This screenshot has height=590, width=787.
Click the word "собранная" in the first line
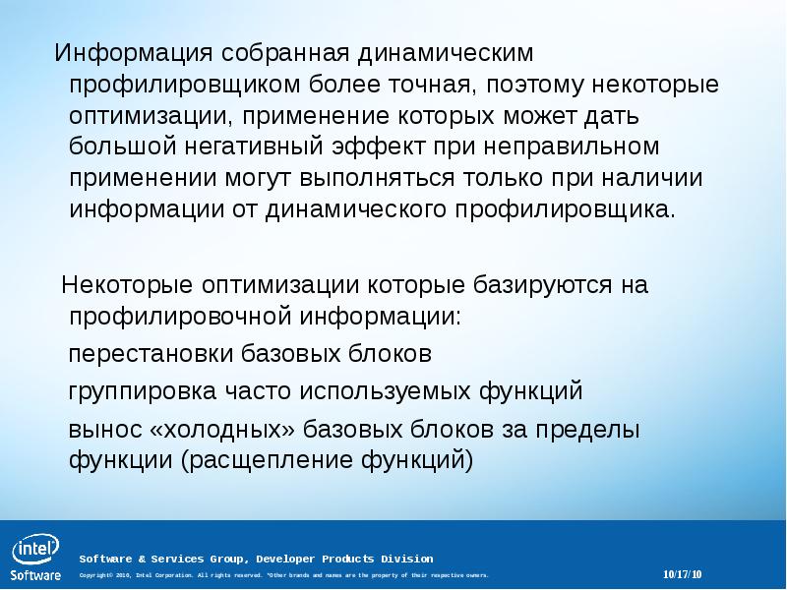pos(278,51)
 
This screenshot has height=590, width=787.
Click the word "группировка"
pos(143,391)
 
